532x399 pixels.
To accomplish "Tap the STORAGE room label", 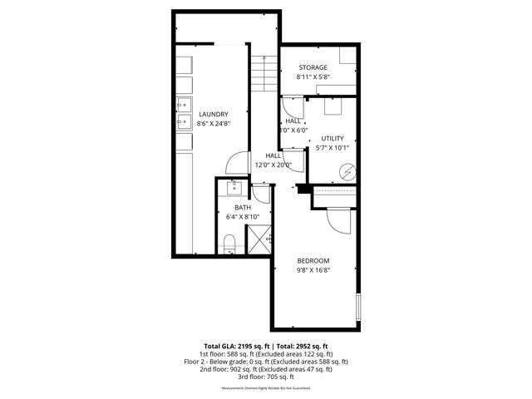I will [313, 67].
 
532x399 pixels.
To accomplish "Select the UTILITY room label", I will [332, 138].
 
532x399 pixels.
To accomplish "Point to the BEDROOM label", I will [313, 260].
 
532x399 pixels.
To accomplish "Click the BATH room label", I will [242, 207].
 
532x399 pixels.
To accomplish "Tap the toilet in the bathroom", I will [230, 243].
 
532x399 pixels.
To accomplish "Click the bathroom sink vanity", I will [233, 186].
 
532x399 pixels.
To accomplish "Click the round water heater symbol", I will [347, 173].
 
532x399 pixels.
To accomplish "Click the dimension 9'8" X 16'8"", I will [313, 269].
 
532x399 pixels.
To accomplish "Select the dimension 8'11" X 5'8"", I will [313, 76].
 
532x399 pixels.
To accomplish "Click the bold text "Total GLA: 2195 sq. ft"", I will [234, 346].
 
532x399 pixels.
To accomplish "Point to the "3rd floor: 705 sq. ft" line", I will [266, 377].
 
